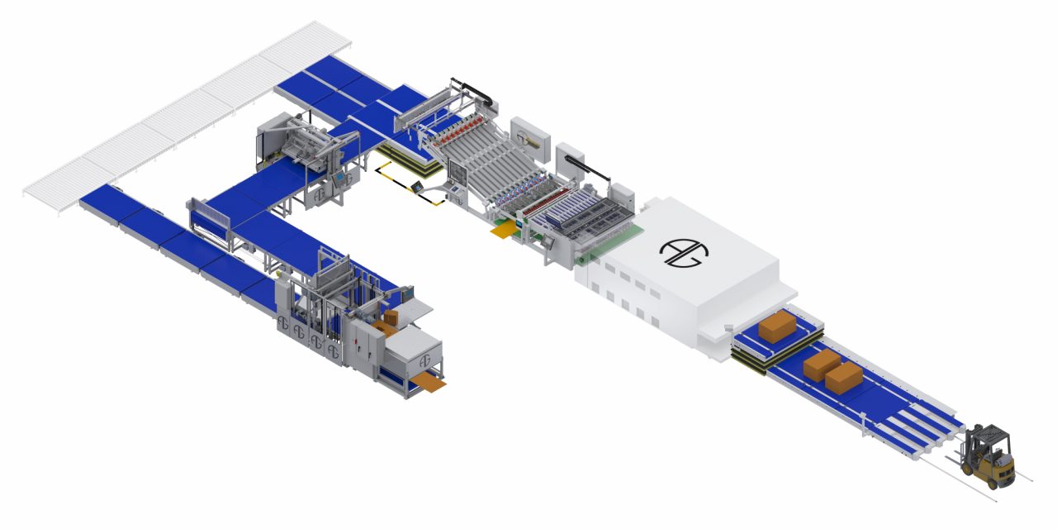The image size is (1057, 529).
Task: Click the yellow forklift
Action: (x=989, y=459)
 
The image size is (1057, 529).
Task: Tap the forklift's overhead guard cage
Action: (x=992, y=439)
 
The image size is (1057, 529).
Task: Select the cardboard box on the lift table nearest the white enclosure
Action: (x=776, y=326)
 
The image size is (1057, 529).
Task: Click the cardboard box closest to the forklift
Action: (x=843, y=377)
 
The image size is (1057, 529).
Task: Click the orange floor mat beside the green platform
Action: (x=502, y=232)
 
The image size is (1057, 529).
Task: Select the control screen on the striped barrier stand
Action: (x=420, y=187)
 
